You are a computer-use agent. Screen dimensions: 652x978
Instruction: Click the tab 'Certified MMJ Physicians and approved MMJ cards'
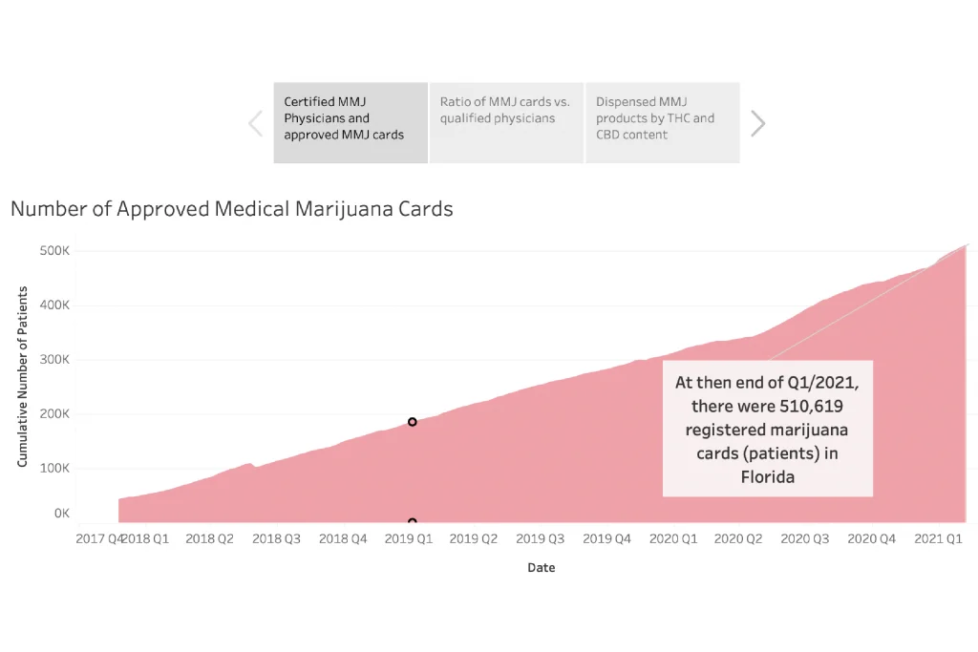[x=351, y=122]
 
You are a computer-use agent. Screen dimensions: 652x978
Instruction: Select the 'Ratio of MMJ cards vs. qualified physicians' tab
[x=506, y=122]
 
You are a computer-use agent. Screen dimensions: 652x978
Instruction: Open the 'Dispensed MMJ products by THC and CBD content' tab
[x=662, y=122]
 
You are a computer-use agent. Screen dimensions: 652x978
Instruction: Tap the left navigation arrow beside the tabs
[x=256, y=123]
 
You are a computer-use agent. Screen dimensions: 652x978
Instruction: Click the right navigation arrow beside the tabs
[x=757, y=123]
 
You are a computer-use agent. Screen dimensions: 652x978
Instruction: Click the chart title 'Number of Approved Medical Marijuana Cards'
[x=232, y=209]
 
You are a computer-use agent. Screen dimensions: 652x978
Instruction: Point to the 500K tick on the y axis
[x=53, y=251]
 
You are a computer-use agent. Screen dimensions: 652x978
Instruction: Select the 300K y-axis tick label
[x=53, y=360]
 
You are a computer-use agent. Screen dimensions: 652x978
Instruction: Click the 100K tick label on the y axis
[x=53, y=469]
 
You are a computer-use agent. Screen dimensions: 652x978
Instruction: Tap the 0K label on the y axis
[x=61, y=514]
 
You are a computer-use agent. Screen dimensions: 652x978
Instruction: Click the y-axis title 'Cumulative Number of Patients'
[x=22, y=376]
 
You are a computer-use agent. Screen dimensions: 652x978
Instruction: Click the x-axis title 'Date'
[x=541, y=568]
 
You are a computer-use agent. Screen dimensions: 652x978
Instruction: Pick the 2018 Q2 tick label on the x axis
[x=209, y=538]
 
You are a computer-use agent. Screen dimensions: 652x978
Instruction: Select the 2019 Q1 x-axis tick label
[x=408, y=538]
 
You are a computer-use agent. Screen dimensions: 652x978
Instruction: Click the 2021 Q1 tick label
[x=938, y=538]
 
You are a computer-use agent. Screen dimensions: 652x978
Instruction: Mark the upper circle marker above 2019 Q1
[x=413, y=422]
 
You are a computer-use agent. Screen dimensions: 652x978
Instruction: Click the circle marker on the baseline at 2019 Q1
[x=413, y=522]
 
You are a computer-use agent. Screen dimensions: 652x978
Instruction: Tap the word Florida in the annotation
[x=768, y=476]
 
